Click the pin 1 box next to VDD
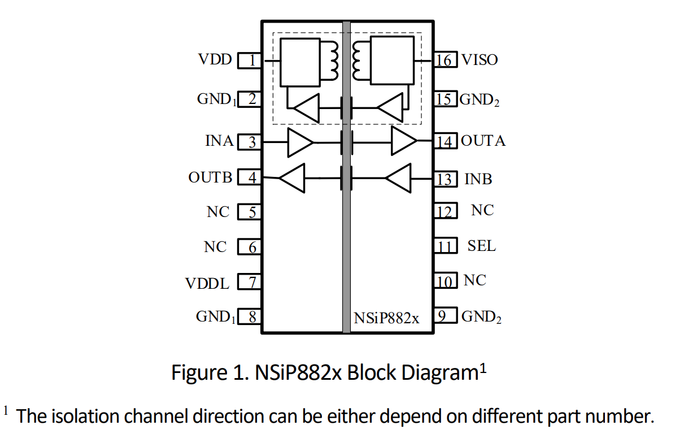click(249, 60)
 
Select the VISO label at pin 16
click(480, 59)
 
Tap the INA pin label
click(219, 141)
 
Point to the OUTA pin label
click(483, 141)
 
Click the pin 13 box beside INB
click(445, 180)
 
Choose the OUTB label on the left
click(210, 177)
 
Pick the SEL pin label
click(481, 246)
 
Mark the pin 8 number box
click(249, 317)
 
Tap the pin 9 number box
click(445, 316)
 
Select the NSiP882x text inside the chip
click(387, 319)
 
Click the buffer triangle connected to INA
click(300, 142)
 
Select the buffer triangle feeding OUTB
click(293, 178)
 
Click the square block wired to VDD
click(300, 62)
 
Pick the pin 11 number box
click(445, 247)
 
